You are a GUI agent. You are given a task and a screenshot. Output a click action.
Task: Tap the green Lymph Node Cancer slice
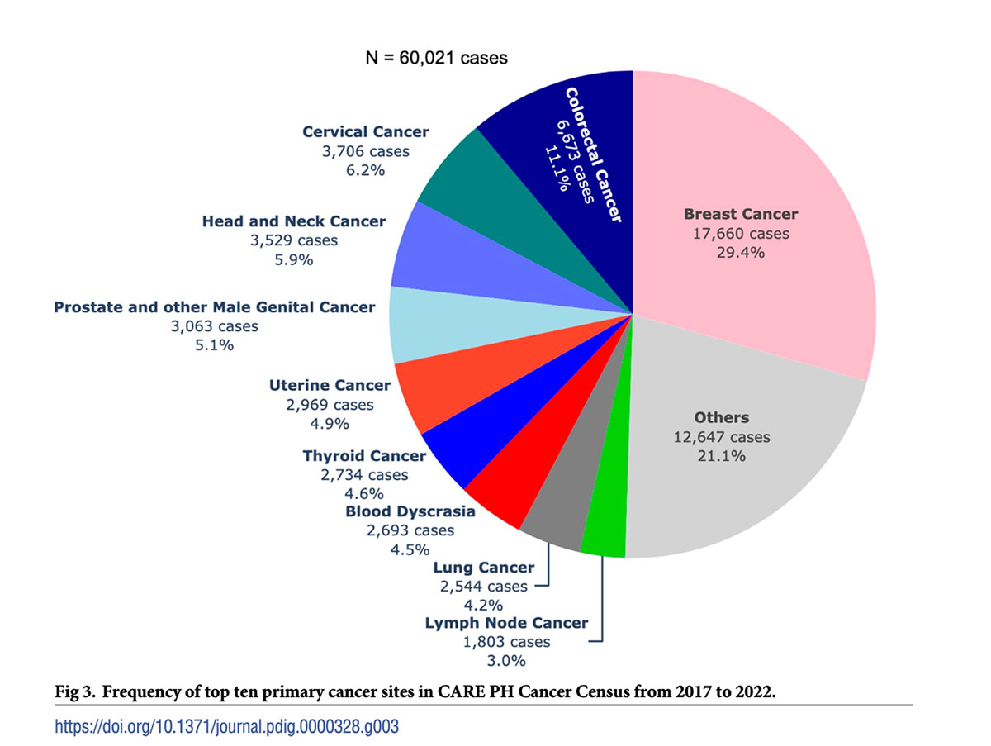(605, 529)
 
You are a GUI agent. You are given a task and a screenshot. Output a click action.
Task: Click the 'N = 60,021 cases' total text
(436, 58)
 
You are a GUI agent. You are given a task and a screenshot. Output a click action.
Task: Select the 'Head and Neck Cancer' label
(294, 221)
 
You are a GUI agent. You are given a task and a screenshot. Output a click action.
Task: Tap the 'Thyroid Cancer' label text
(364, 456)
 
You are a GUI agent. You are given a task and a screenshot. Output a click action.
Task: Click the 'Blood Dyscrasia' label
(410, 511)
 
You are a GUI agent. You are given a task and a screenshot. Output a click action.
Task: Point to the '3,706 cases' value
(366, 151)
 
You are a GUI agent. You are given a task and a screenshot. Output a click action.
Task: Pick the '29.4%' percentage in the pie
(741, 253)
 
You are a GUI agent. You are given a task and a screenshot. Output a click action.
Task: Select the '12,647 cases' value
(722, 436)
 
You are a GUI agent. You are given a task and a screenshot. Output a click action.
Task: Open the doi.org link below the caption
(231, 727)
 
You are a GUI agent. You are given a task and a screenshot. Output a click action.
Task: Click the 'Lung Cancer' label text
(484, 568)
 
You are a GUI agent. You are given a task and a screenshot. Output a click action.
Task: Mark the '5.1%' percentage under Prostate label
(214, 344)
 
